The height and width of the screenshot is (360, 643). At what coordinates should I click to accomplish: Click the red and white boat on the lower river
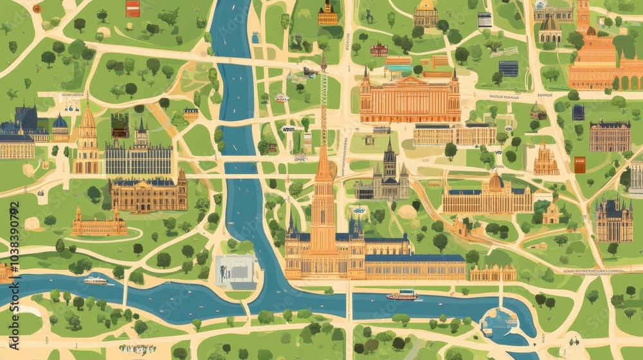402,295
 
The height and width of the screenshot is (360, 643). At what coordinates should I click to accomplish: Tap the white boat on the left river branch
95,280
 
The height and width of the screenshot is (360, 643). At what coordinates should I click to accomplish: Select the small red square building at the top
133,8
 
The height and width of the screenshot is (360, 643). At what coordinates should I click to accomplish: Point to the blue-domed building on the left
60,127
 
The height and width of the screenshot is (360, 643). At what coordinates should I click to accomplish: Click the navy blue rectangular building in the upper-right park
508,68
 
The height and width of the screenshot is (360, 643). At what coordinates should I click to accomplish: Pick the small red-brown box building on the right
580,165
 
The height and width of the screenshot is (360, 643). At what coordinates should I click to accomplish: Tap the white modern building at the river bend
235,270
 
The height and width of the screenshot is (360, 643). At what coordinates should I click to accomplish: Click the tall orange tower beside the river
323,193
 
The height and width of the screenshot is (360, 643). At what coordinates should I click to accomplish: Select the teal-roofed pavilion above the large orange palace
398,64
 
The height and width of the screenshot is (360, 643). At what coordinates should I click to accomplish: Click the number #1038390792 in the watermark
14,238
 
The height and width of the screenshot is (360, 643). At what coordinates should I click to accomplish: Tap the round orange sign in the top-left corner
37,9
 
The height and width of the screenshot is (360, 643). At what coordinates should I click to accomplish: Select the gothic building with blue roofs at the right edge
613,220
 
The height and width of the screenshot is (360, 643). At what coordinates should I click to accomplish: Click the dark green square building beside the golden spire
120,125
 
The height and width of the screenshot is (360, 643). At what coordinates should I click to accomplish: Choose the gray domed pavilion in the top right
550,29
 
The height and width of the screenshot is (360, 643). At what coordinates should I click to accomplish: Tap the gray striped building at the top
485,19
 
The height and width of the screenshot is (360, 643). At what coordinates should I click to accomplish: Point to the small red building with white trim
379,50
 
